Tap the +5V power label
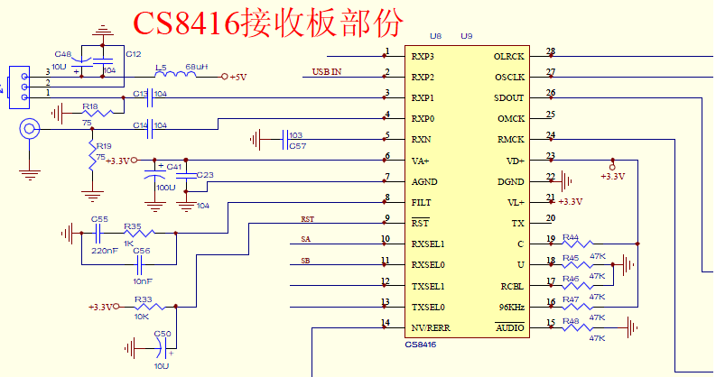click(237, 78)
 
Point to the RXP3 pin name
click(423, 57)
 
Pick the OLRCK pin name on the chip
click(509, 57)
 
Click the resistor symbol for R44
click(578, 244)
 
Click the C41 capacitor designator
click(174, 167)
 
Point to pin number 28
click(551, 51)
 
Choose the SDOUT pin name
click(509, 97)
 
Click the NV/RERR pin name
click(429, 326)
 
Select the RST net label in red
click(307, 219)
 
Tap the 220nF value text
click(105, 250)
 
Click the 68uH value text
click(196, 67)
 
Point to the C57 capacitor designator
click(297, 145)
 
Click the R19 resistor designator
click(104, 145)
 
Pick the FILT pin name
click(421, 202)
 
